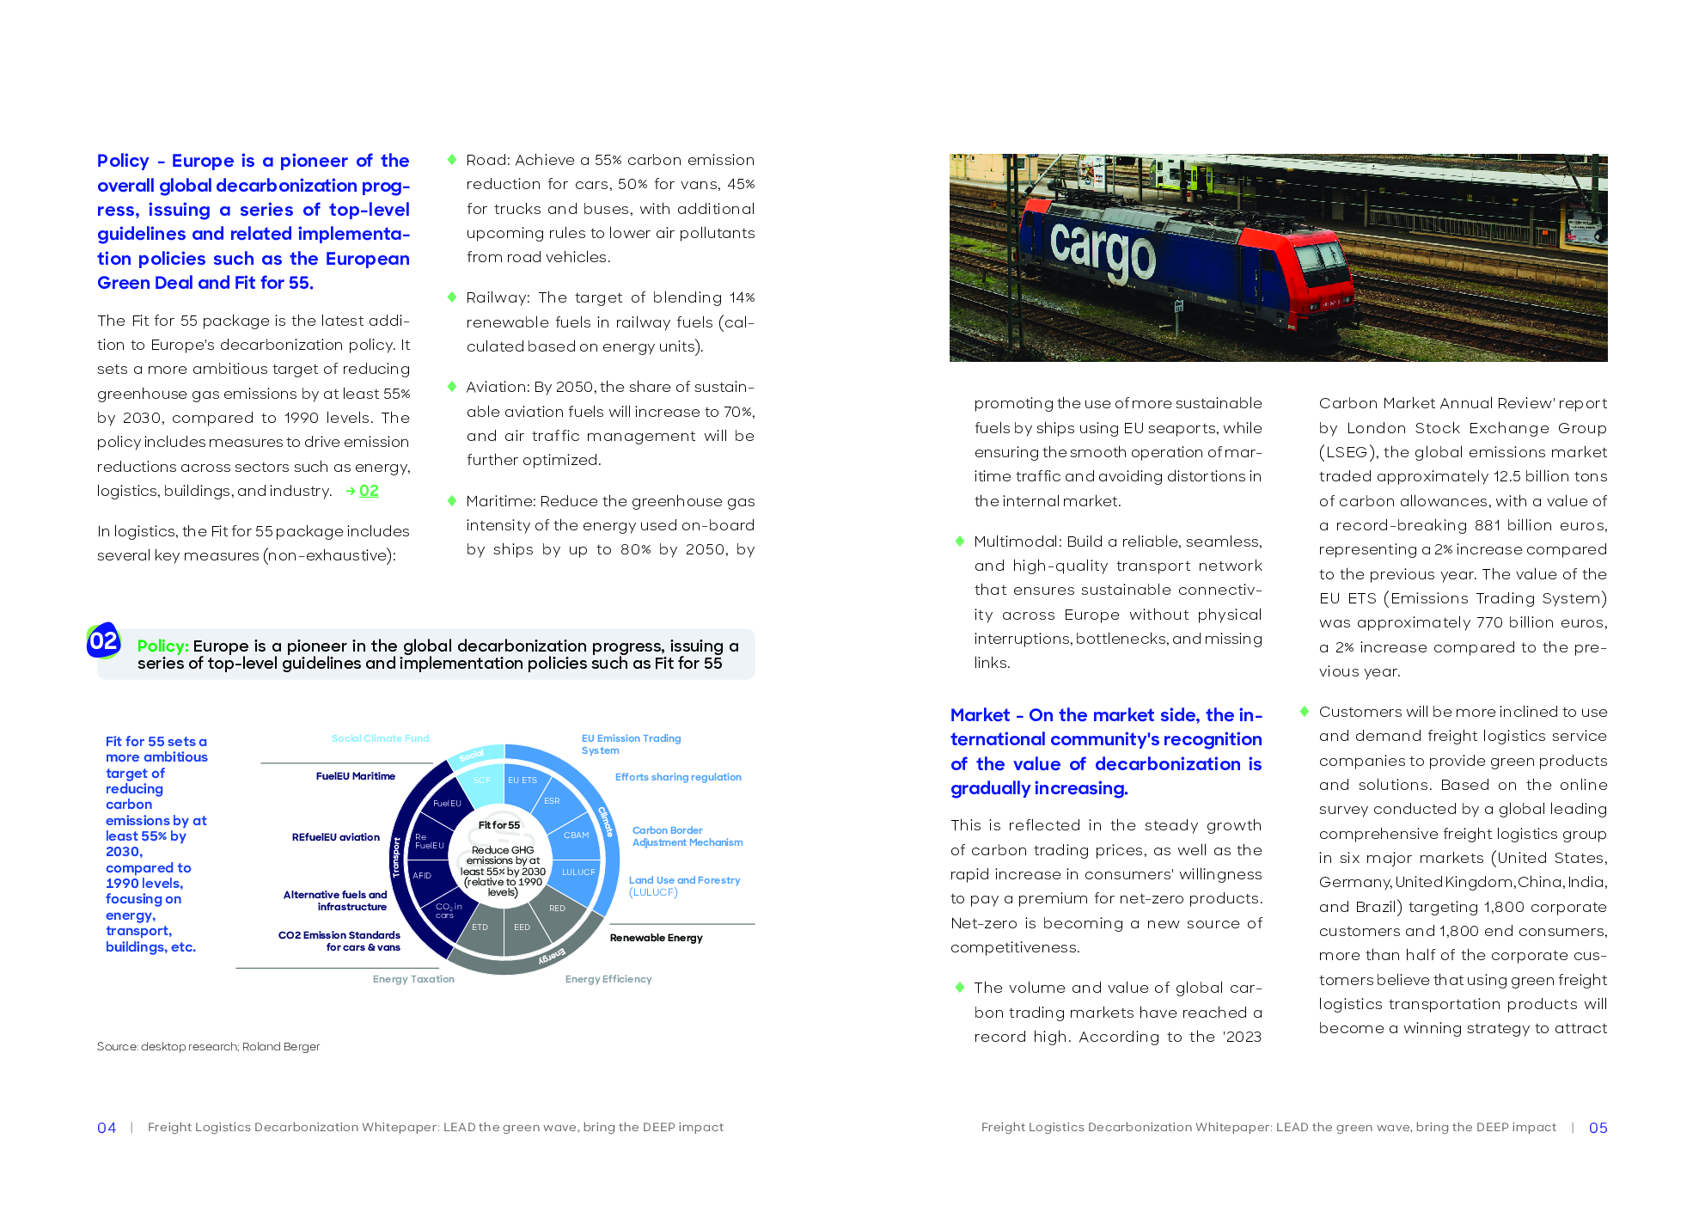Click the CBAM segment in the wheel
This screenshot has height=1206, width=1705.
(x=576, y=835)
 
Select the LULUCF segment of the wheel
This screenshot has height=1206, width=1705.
(x=578, y=872)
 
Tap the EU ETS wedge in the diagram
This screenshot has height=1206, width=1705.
(x=522, y=781)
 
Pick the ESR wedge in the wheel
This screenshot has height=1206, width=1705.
(x=552, y=801)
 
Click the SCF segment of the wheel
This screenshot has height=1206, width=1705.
(x=481, y=781)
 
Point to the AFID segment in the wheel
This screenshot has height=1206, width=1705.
(x=422, y=876)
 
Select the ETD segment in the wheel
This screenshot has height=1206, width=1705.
(x=480, y=927)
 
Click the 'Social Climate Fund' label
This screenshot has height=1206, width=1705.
(x=380, y=738)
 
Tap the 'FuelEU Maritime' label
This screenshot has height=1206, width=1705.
(x=355, y=776)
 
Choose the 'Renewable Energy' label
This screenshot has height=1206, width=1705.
(x=656, y=938)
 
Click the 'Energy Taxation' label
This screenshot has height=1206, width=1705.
(x=413, y=979)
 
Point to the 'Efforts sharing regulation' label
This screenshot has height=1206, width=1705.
(x=677, y=777)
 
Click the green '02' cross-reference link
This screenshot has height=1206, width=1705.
(x=368, y=491)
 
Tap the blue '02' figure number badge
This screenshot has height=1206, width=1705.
(x=103, y=641)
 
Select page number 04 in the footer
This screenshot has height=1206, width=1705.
(x=107, y=1128)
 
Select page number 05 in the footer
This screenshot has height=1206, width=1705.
(x=1598, y=1128)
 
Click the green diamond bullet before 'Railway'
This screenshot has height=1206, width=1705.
(x=452, y=297)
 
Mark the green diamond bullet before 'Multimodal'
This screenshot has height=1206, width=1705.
(x=960, y=542)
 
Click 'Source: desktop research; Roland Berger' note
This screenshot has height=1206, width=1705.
(x=208, y=1047)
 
